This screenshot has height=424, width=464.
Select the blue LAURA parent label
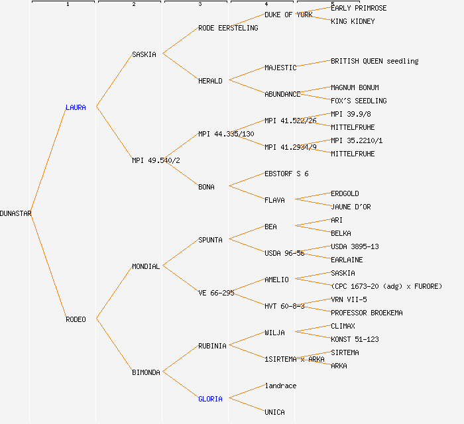(76, 107)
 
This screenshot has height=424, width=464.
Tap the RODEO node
(76, 319)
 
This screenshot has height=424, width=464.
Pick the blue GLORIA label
(210, 399)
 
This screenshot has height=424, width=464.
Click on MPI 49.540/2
(156, 160)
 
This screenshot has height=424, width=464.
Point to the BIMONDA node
(146, 372)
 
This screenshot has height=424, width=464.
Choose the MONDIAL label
(146, 266)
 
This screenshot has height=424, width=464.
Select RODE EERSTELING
(228, 28)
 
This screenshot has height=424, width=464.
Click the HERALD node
(210, 81)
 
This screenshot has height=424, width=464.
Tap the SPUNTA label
(210, 240)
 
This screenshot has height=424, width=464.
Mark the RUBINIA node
(212, 346)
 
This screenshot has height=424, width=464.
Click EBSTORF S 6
(286, 174)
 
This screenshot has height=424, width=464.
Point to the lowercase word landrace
(280, 386)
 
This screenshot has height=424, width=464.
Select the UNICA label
(274, 412)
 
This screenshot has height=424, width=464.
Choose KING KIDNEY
(353, 21)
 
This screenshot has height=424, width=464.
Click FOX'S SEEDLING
(359, 101)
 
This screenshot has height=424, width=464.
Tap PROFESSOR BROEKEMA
(367, 313)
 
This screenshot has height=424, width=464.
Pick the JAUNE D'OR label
(351, 207)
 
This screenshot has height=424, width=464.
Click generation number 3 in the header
(200, 5)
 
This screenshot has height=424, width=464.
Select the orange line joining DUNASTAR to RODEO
(48, 266)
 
